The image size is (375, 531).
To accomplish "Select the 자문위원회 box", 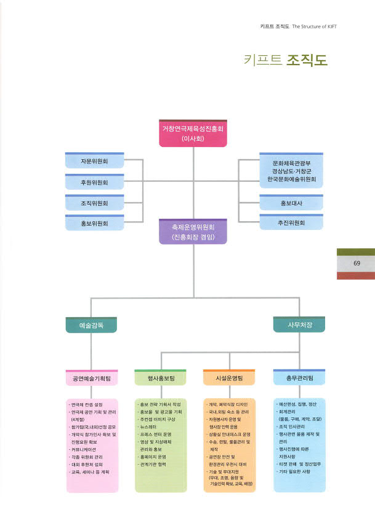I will coord(94,162).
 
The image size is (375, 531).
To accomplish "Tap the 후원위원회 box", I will coord(94,183).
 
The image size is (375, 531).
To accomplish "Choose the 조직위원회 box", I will coord(94,203).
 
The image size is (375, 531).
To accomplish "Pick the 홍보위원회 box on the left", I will coord(94,224).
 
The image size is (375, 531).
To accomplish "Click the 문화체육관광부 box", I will coord(291,171).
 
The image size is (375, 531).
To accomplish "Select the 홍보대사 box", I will coord(291,203).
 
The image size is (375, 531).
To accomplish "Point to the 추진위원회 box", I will coord(291,224).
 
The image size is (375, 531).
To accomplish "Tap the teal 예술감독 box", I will coord(91,324).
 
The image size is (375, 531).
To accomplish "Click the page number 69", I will coord(357,264).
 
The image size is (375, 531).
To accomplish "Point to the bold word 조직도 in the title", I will coord(307,60).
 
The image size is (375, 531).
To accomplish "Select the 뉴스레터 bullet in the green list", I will coord(151,427).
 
